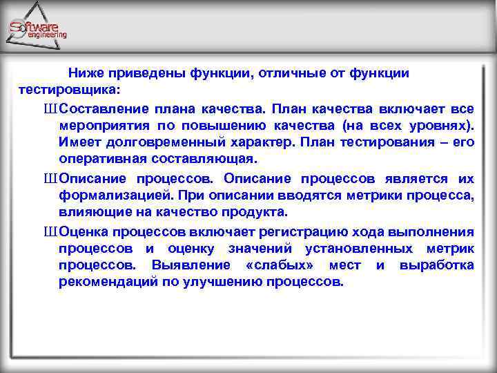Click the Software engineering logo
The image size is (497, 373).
(x=38, y=29)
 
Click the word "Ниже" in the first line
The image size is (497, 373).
(x=83, y=73)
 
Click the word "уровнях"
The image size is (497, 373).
(x=438, y=126)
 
